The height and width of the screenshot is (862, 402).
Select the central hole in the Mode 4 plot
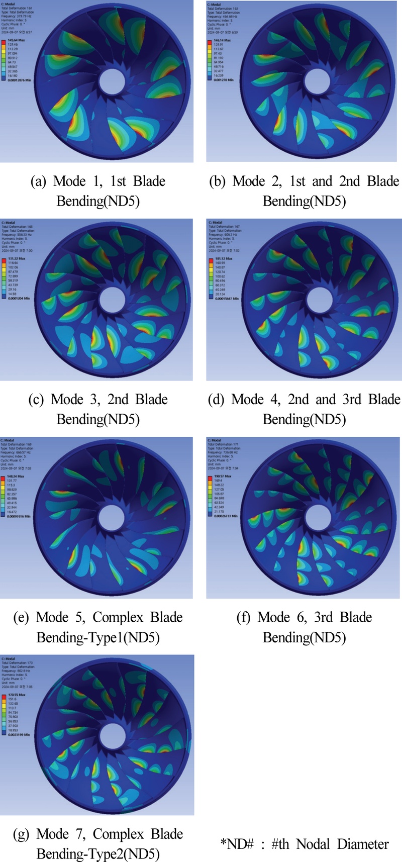320,300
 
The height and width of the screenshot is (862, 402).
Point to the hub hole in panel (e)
112,517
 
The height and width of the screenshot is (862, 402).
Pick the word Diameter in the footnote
363,844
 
